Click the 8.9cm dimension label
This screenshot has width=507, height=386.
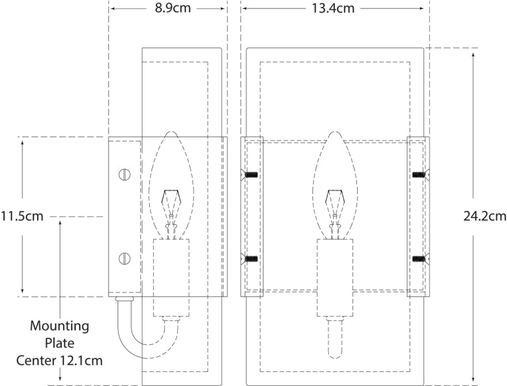coord(169,9)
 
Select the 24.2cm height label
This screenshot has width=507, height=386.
coord(484,216)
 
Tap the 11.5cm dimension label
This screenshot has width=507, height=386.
coord(23,216)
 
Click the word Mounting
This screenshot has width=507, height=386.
coord(60,326)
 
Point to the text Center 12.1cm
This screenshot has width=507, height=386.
coord(60,361)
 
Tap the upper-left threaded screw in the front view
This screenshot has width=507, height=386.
coord(251,175)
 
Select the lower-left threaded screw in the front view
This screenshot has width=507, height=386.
coord(251,259)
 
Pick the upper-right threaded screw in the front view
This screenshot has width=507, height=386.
coord(418,175)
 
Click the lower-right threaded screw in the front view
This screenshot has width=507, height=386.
coord(418,259)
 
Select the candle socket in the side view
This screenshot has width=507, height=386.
coord(172,272)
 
